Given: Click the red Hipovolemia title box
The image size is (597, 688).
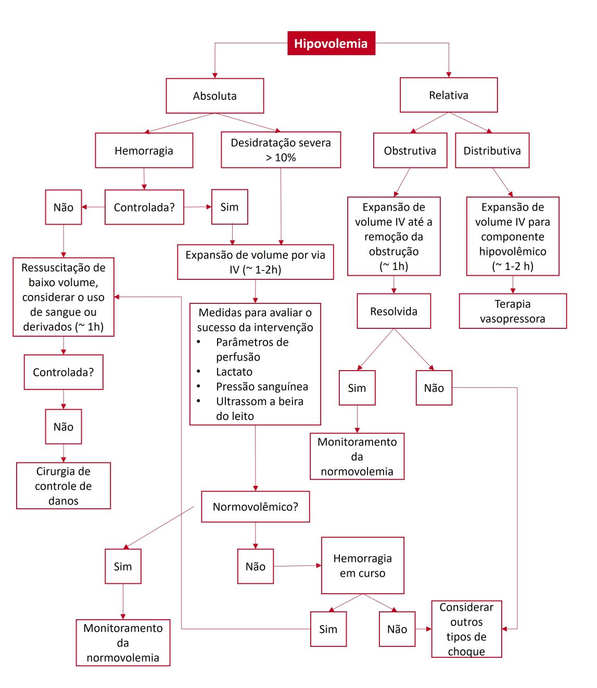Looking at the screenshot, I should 331,43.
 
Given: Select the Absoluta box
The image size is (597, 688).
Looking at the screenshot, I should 214,96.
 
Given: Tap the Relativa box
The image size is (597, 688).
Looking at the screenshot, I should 448,95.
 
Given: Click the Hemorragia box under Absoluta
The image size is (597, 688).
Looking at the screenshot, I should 144,151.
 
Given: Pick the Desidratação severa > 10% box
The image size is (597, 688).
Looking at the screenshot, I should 281,150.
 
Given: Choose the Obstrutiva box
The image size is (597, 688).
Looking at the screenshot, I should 410,151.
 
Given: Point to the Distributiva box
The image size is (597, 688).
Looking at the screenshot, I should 492,151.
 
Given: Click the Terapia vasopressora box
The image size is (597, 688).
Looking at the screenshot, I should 512,311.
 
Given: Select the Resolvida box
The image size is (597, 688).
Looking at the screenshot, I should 393,311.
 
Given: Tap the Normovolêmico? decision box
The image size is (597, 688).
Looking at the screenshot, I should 255,507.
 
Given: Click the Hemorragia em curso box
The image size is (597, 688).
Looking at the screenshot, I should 362,566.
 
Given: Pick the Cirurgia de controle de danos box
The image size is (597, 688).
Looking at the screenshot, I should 63,486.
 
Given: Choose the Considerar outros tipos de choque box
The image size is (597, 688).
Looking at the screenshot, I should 466,629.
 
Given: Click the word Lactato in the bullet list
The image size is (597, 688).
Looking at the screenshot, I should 234,372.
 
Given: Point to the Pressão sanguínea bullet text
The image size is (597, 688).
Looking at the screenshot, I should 262,387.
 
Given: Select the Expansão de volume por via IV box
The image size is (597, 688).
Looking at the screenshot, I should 255,262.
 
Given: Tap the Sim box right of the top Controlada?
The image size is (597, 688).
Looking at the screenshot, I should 230,207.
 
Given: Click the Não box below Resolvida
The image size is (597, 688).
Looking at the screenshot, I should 434,388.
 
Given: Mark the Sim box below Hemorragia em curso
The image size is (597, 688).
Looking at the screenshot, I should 328,629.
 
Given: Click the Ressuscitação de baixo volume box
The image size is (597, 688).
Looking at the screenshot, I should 63,297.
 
